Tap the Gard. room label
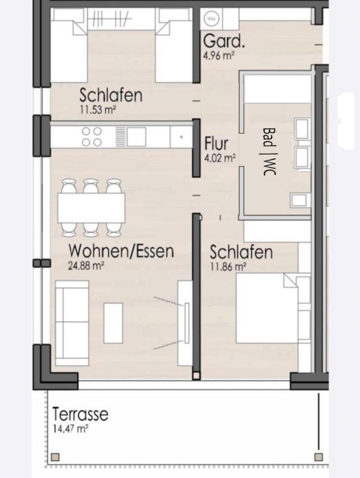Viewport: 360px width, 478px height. click(224, 41)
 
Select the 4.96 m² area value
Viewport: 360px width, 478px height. click(218, 55)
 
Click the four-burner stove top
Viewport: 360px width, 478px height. click(92, 136)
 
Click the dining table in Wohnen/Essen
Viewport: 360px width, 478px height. click(91, 208)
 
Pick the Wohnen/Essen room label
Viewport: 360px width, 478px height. click(121, 251)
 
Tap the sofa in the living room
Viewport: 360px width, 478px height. click(71, 323)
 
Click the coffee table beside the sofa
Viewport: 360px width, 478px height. click(113, 323)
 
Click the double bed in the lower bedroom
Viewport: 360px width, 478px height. click(266, 308)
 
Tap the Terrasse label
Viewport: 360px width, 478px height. click(80, 414)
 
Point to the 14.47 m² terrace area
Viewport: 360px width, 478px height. click(70, 429)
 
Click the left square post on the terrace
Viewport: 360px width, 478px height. click(55, 457)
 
